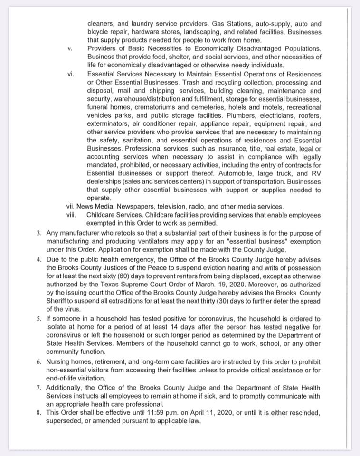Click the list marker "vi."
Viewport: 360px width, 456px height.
pos(71,75)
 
